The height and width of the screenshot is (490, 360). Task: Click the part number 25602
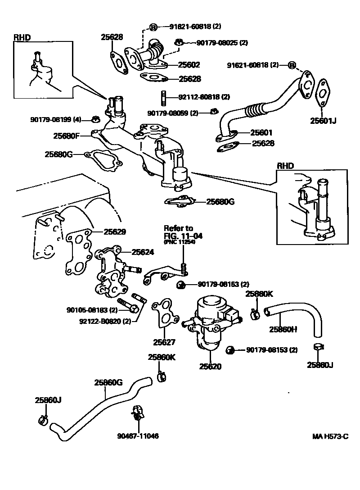(x=189, y=65)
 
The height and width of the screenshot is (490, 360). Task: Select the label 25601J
(x=323, y=120)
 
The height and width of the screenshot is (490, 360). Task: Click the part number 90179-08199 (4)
(x=56, y=120)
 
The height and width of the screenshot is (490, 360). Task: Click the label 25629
(x=115, y=232)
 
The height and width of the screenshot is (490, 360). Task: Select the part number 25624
(x=143, y=252)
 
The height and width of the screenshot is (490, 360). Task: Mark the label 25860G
(x=108, y=383)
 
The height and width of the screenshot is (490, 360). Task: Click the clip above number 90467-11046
(x=138, y=413)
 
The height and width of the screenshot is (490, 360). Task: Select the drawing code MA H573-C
(x=331, y=436)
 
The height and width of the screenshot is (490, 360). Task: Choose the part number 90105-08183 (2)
(x=92, y=310)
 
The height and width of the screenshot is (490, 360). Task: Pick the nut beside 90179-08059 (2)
(x=215, y=111)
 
